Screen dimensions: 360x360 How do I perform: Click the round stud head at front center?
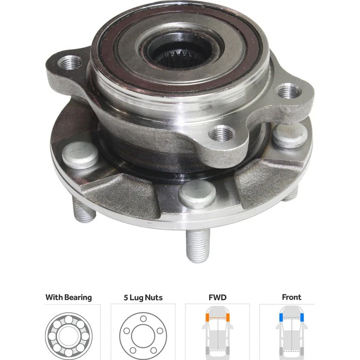tap(196, 192)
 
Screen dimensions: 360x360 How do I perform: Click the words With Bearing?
tap(68, 297)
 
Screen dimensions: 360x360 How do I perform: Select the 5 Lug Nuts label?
tap(143, 297)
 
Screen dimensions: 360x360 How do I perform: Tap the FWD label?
tap(217, 297)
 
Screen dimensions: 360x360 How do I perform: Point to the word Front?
tap(292, 297)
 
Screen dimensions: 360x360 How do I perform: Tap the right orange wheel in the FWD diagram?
tap(228, 317)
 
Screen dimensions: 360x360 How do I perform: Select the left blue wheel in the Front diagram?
tap(281, 317)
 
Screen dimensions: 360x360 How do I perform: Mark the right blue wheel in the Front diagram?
tap(302, 317)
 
